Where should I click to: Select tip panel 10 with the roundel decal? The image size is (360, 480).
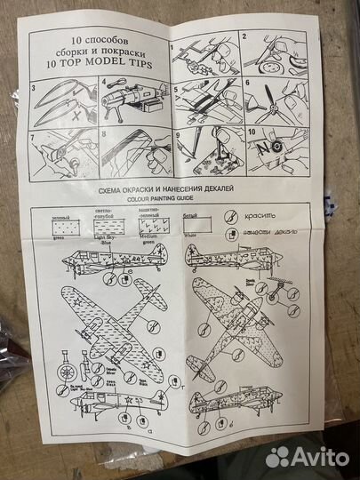point(276,152)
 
